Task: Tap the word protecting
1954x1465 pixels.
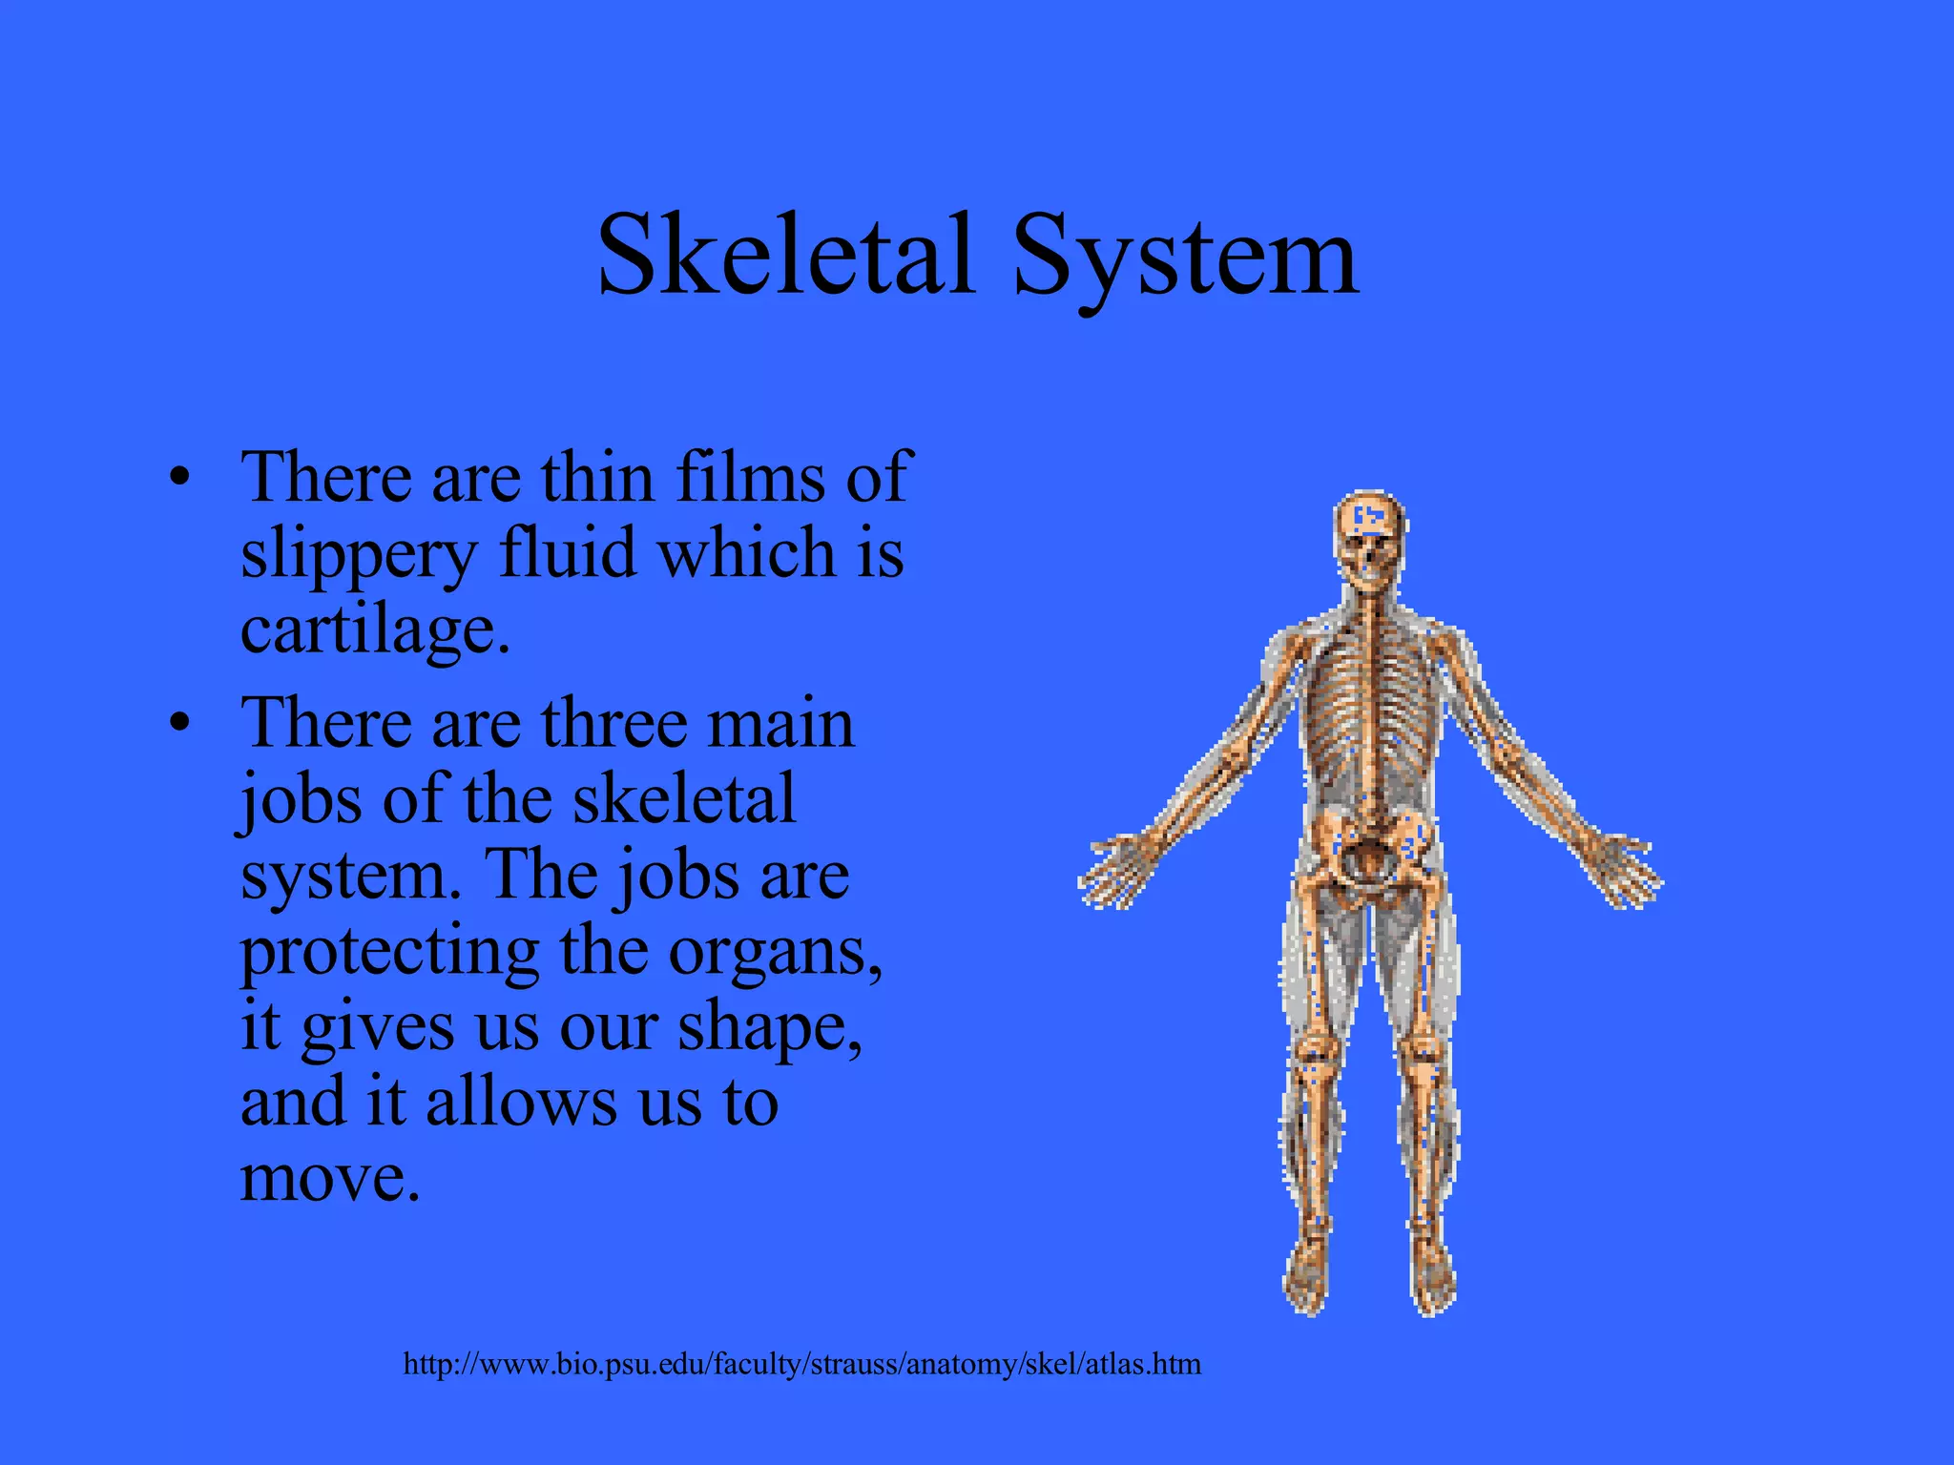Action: pos(389,953)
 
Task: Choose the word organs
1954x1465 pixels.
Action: pos(774,953)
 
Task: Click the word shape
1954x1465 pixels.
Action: pos(769,1029)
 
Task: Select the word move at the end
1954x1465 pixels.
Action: pos(329,1177)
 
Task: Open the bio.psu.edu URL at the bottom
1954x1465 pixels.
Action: pos(801,1364)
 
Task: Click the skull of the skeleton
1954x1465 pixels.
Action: pos(1369,534)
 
